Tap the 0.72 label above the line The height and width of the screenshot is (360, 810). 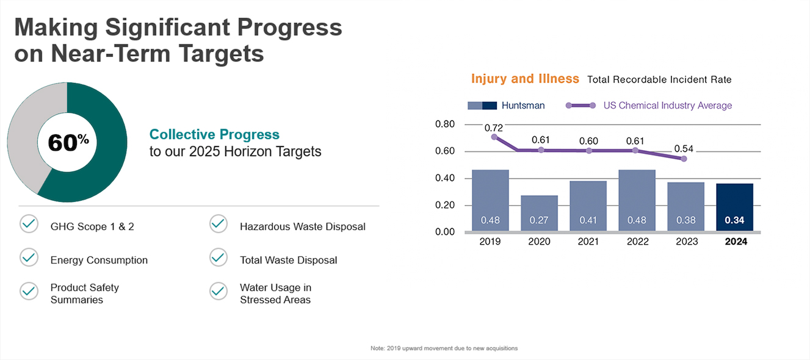[x=493, y=128]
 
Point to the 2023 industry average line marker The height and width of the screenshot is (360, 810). [x=684, y=159]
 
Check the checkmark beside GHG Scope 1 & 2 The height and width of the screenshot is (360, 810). [x=29, y=224]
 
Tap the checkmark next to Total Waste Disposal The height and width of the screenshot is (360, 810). [x=219, y=257]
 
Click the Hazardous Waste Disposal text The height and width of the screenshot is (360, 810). [x=302, y=227]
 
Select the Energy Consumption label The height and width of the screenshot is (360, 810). [x=99, y=261]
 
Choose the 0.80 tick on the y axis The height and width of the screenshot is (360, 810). [x=445, y=124]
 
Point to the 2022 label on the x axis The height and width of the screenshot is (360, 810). [x=637, y=242]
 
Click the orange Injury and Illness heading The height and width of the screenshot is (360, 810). [x=525, y=79]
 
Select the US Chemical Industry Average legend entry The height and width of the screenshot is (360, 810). [x=667, y=106]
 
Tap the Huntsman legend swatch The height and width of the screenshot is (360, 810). [x=482, y=106]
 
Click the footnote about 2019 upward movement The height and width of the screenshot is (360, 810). [x=444, y=348]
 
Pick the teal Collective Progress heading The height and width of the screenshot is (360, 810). [x=214, y=134]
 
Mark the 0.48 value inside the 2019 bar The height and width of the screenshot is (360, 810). [x=490, y=220]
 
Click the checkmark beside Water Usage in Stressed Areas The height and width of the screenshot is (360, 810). [x=219, y=291]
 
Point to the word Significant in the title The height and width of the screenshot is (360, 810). [x=187, y=28]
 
